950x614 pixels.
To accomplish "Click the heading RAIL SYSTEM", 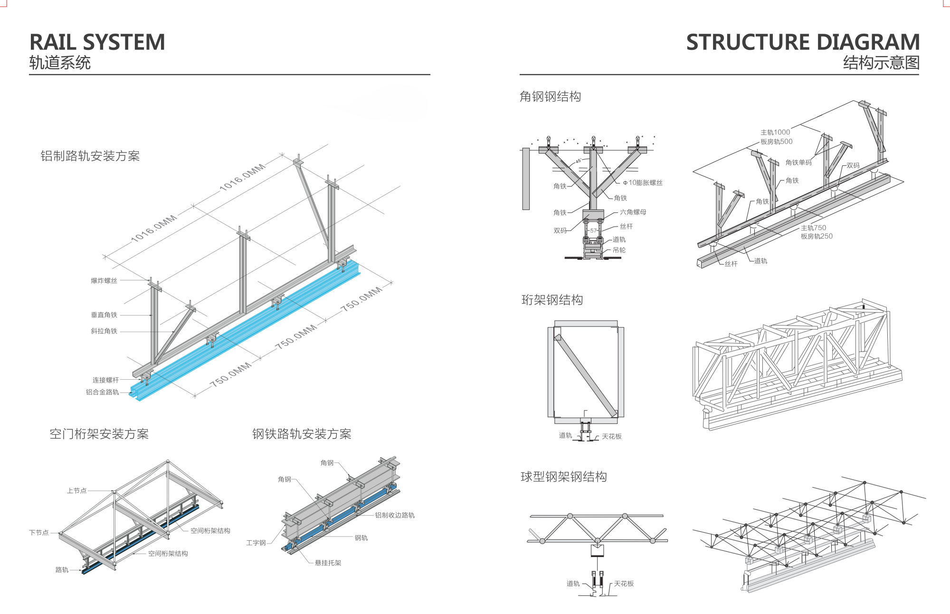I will coord(97,42).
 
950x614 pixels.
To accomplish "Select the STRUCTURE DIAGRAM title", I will coord(803,42).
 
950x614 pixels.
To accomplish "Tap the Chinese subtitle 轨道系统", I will coord(60,63).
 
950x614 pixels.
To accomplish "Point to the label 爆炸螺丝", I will coord(104,281).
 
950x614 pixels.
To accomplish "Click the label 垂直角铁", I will coord(104,315).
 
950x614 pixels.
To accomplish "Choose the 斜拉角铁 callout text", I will coord(104,331).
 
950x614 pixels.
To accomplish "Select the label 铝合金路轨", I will coord(102,392).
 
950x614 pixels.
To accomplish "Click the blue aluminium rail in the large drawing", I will coord(247,333).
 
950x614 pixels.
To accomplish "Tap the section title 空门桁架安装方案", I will coord(99,434).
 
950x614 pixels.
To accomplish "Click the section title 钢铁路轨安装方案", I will coord(302,434).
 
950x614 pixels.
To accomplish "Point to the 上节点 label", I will coord(76,490).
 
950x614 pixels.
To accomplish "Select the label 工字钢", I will coord(256,543).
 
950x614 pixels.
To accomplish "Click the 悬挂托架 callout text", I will coord(328,563).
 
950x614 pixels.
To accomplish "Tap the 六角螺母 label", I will coord(633,212).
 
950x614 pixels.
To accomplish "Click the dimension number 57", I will coord(593,230).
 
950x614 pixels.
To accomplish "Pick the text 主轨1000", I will coord(775,132).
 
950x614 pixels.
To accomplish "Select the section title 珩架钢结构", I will coord(552,300).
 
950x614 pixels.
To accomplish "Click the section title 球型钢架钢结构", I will coord(563,477).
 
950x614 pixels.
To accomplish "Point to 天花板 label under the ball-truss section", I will coord(624,584).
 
